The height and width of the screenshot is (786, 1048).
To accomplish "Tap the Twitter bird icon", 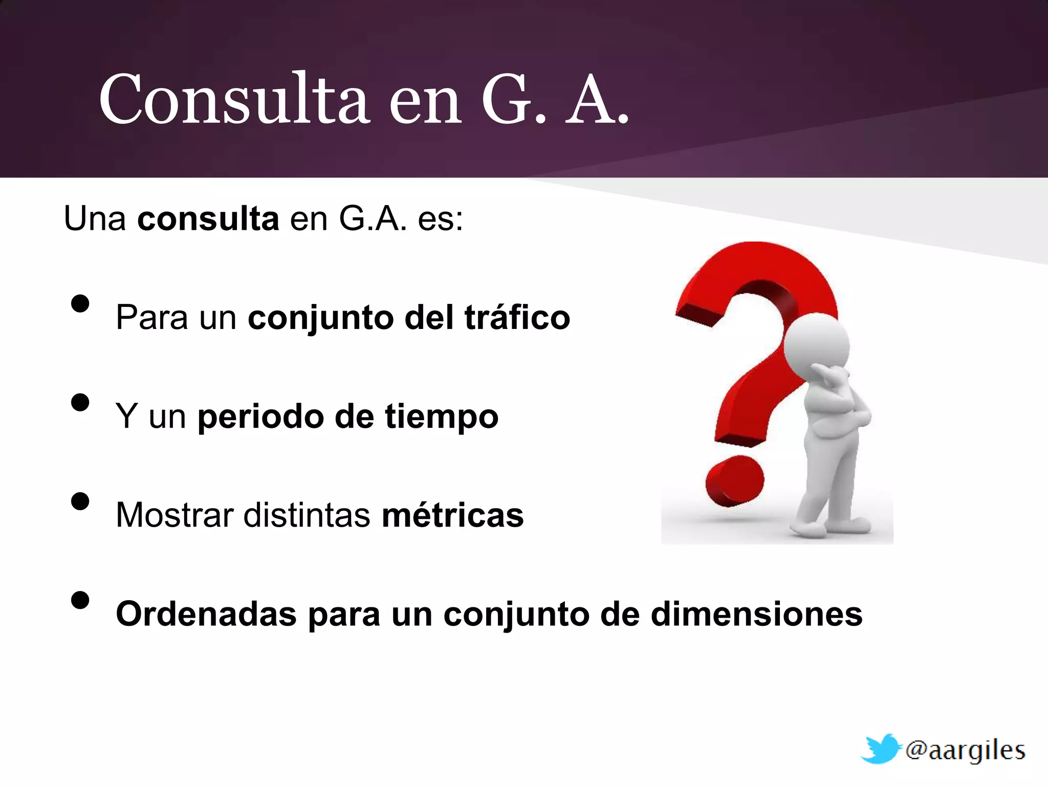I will (x=881, y=749).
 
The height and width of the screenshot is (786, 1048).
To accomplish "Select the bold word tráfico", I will (x=517, y=317).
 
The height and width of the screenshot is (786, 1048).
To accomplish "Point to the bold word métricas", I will (x=453, y=515).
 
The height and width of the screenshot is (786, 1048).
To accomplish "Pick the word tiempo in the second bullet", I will (x=442, y=417).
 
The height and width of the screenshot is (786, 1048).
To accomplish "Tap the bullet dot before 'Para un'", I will (x=80, y=303).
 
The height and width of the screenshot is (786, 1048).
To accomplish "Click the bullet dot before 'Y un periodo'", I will (x=80, y=402).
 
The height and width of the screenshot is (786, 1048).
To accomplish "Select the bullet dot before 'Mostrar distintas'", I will (x=80, y=501).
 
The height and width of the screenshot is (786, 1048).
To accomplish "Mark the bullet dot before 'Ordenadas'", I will (x=80, y=600).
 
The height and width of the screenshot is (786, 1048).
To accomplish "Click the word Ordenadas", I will (x=206, y=614).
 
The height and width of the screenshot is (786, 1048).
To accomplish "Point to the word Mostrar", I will (x=174, y=515).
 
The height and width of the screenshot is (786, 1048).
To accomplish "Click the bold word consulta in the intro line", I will (x=208, y=219).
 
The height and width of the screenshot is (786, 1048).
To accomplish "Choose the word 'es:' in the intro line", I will (x=440, y=219).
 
